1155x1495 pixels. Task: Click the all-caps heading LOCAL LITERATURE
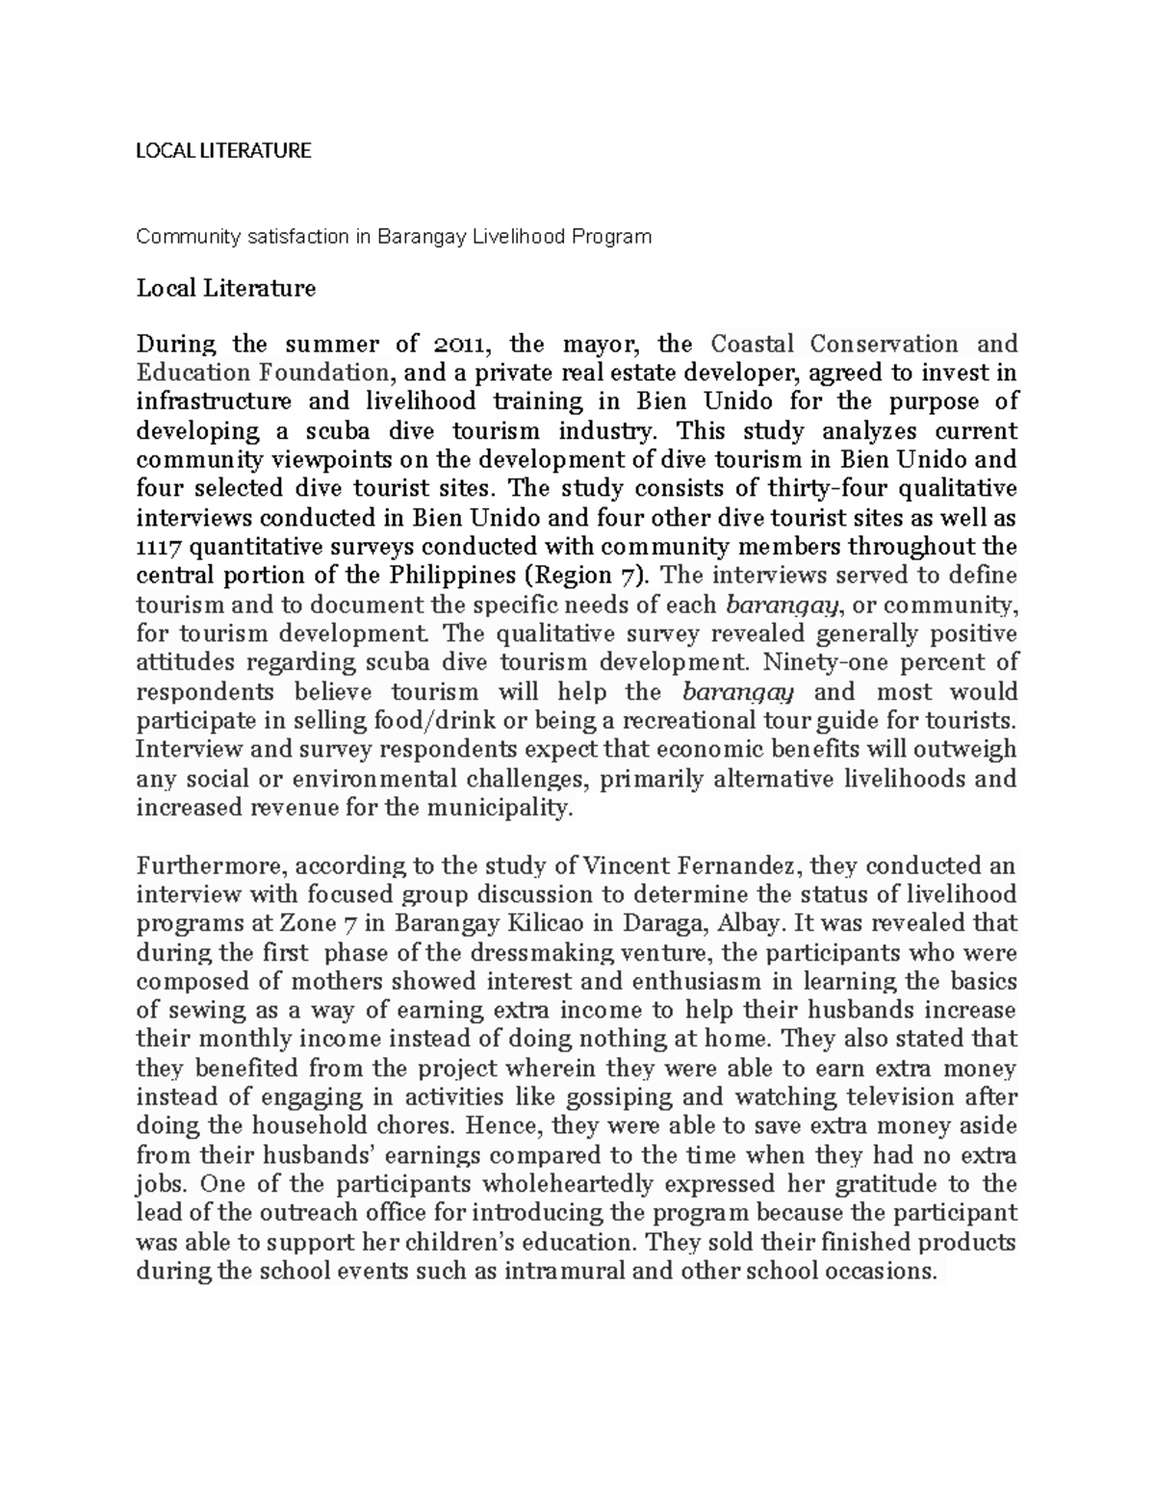(223, 150)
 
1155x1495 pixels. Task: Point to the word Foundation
(313, 373)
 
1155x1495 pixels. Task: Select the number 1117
(159, 548)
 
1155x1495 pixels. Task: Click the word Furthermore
(206, 866)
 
